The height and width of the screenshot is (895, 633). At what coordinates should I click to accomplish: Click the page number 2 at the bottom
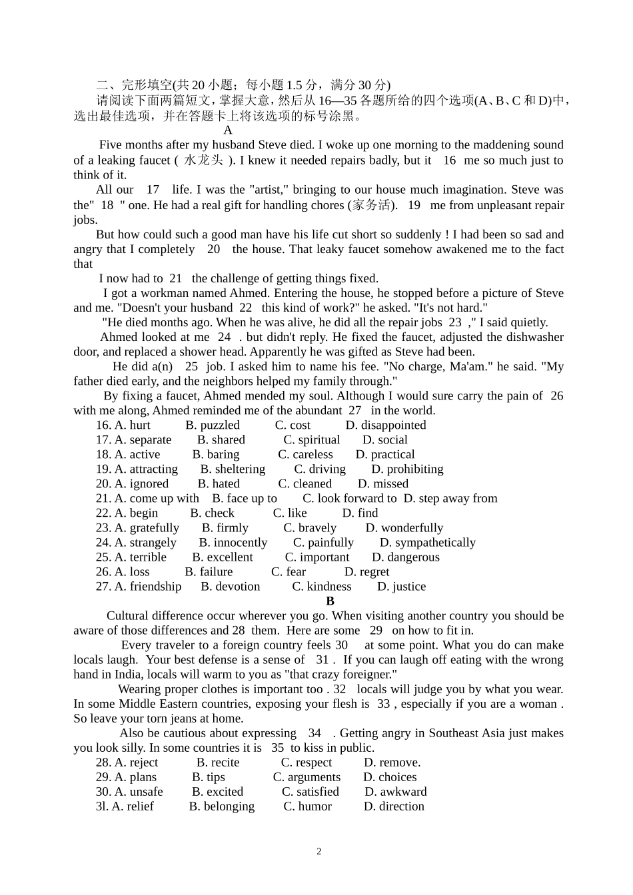(x=318, y=851)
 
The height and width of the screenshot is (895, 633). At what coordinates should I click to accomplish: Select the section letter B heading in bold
(x=330, y=601)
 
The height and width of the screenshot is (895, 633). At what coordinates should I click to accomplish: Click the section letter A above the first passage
(x=228, y=131)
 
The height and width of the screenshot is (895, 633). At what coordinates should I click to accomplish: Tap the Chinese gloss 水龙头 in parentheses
(x=203, y=160)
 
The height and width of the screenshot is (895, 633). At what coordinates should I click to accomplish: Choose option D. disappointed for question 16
(x=386, y=425)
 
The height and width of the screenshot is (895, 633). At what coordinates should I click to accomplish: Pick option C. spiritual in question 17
(x=311, y=440)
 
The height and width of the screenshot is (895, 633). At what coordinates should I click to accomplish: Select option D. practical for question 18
(x=385, y=454)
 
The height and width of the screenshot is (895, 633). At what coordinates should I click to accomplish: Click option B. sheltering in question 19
(x=233, y=469)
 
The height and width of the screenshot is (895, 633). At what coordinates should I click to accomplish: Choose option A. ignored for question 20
(x=132, y=483)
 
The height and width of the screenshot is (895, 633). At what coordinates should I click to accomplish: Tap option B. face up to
(x=245, y=498)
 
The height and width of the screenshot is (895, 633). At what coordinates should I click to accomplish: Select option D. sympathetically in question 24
(x=427, y=542)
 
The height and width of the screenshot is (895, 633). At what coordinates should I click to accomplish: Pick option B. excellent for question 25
(x=223, y=557)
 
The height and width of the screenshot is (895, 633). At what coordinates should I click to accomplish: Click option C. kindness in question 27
(x=321, y=586)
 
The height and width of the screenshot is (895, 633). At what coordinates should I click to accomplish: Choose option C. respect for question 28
(x=306, y=762)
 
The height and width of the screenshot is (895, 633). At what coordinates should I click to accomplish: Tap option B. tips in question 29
(x=209, y=776)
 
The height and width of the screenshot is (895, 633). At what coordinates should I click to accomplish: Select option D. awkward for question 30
(x=396, y=791)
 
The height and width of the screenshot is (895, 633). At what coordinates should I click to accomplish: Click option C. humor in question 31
(x=307, y=806)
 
